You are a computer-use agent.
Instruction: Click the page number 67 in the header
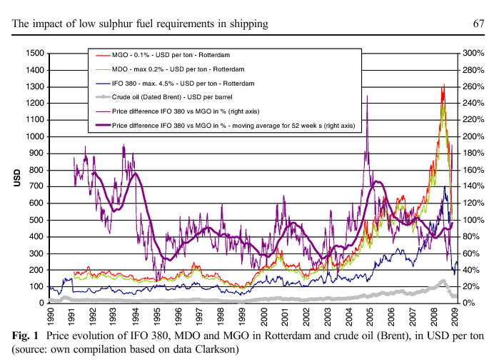[x=478, y=24]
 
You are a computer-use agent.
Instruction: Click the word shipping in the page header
[x=247, y=24]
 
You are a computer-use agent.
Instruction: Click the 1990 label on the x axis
[x=51, y=315]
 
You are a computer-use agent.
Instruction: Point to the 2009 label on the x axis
[x=455, y=315]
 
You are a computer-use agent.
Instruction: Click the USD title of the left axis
[x=16, y=178]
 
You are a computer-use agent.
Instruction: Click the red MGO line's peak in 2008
[x=443, y=85]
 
